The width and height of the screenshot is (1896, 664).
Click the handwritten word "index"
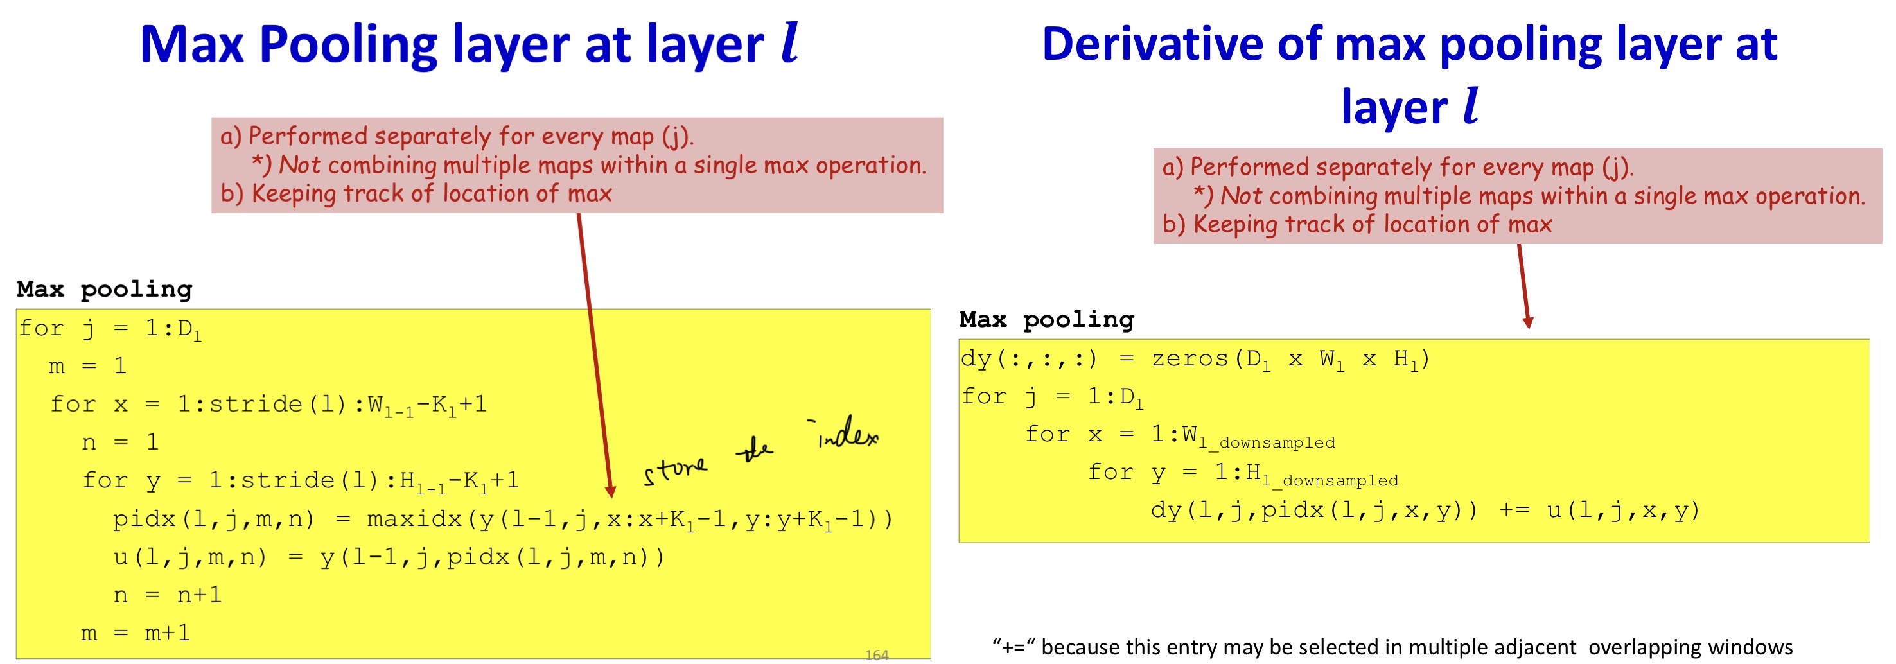847,432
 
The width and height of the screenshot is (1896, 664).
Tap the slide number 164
876,654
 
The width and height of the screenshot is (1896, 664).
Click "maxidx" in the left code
414,519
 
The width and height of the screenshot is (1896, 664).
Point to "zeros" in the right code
1189,358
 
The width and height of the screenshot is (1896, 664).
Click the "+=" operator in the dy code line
1514,510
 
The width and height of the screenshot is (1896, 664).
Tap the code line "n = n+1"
167,595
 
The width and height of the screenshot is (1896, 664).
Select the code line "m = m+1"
136,633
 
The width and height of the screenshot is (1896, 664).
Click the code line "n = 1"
120,442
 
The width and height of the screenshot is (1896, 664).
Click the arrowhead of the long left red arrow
610,491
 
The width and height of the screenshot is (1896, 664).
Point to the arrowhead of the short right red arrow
1528,322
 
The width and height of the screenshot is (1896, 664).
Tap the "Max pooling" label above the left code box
105,288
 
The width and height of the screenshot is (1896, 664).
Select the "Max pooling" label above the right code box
1047,320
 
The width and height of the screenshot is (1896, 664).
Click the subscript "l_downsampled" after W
1266,442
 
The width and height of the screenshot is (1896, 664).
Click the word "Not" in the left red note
299,165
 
